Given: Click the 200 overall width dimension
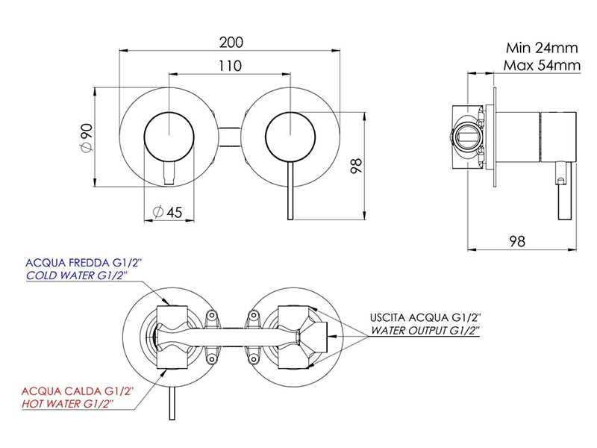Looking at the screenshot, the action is click(231, 43).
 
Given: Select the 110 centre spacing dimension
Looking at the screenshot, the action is click(230, 66).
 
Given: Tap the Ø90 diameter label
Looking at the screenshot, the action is click(87, 137).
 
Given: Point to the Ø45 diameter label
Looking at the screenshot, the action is click(167, 212).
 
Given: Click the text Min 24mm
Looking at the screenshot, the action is click(542, 48).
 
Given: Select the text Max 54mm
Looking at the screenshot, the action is click(542, 65).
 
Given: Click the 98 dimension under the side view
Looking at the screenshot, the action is click(517, 241).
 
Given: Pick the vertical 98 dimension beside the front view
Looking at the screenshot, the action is click(356, 166).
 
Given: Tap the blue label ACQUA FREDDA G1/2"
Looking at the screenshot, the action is click(84, 263).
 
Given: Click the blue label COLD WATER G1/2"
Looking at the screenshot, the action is click(77, 276).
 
